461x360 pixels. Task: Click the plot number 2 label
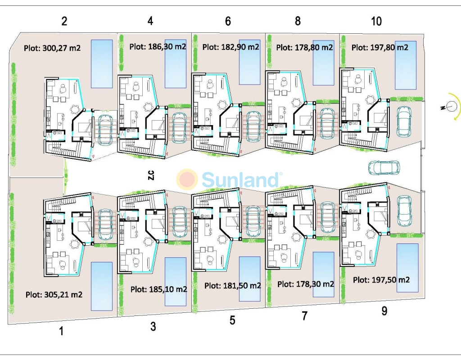click(x=64, y=21)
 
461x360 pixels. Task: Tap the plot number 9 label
click(x=384, y=311)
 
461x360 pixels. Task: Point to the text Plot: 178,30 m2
click(x=306, y=284)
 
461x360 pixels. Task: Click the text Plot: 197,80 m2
click(x=380, y=47)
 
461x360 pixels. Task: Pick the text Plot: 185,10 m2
click(x=158, y=289)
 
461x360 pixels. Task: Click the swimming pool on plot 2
click(x=102, y=63)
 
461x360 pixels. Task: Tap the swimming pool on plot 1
click(x=102, y=286)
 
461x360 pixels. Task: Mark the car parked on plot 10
click(x=404, y=120)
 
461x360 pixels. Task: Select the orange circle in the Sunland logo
click(x=187, y=179)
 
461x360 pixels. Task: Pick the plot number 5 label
click(x=232, y=320)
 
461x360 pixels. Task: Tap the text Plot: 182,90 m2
click(x=230, y=47)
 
